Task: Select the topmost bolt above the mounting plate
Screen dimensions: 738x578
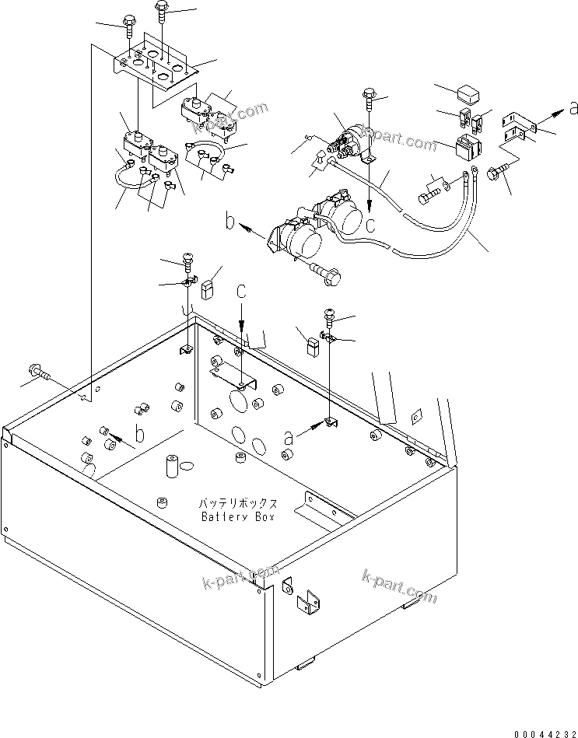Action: tap(162, 9)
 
